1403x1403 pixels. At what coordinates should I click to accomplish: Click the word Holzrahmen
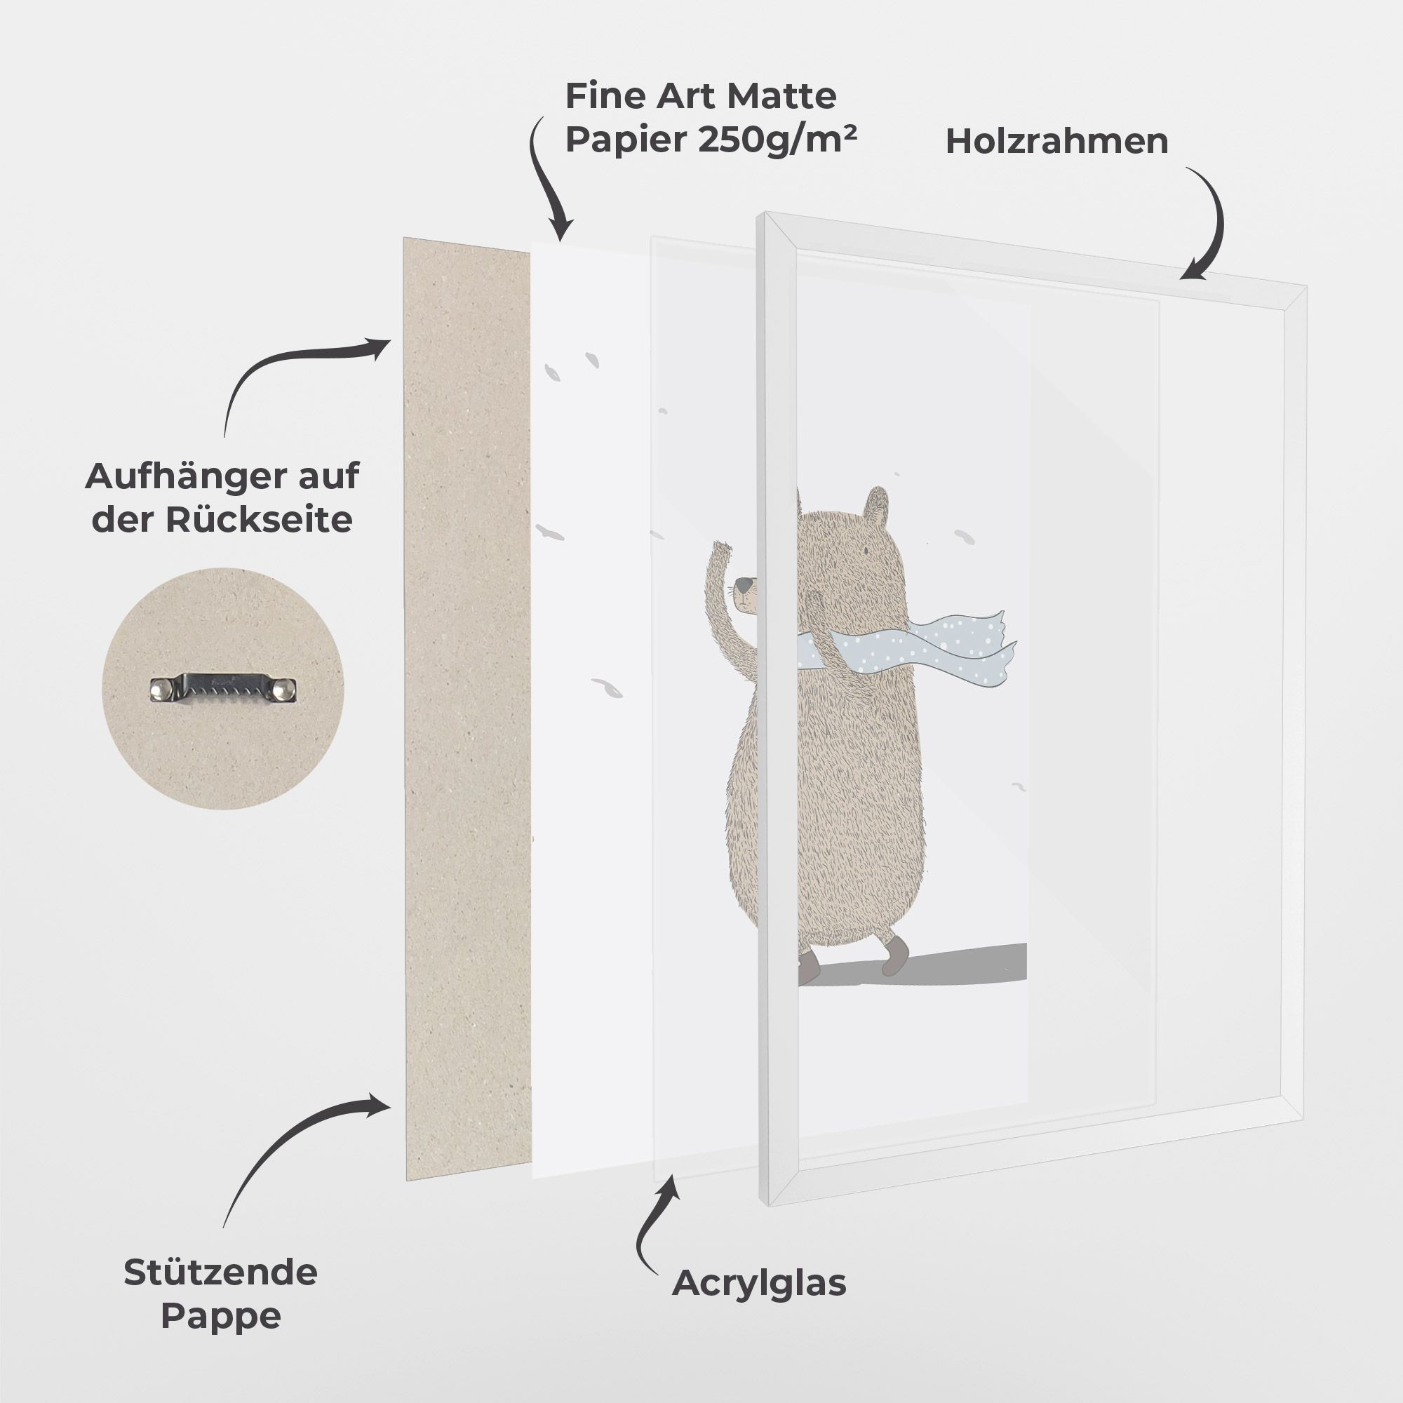coord(1056,141)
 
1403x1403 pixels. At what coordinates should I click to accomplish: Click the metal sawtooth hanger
coord(224,687)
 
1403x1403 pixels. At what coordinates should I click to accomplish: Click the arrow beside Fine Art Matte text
coord(544,178)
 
